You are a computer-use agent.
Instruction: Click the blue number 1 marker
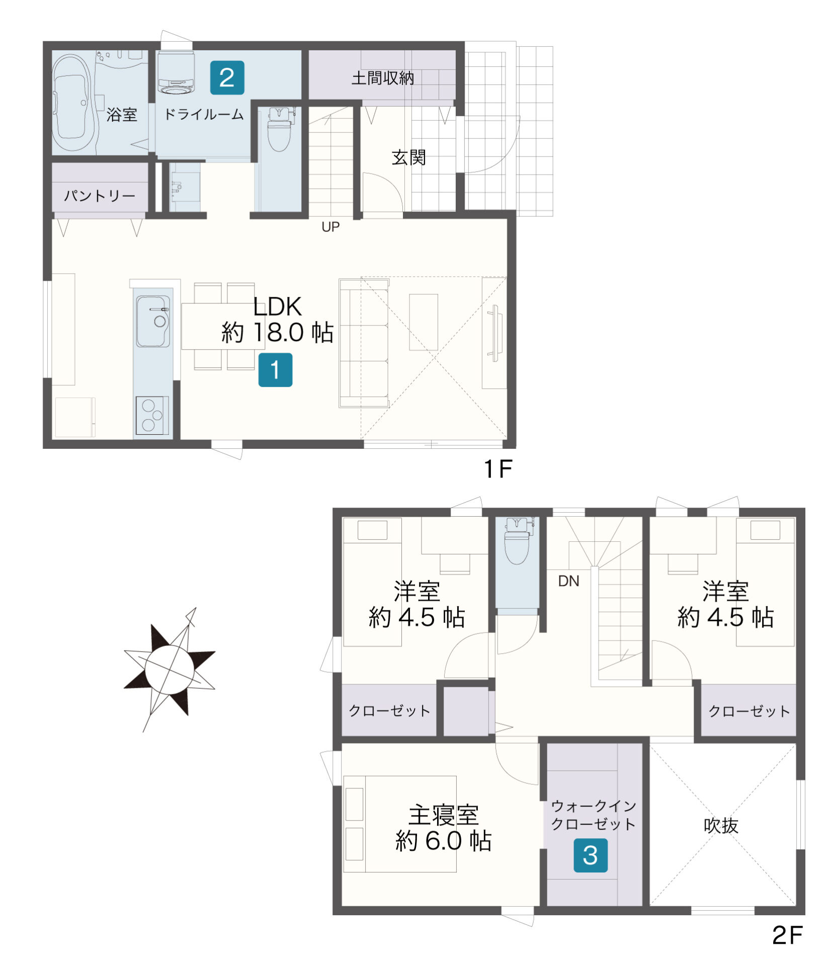(x=275, y=370)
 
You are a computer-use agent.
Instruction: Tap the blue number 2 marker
(x=227, y=77)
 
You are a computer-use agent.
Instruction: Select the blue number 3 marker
(x=591, y=855)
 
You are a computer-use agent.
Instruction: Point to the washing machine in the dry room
(x=176, y=72)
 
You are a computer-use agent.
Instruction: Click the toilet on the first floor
(x=279, y=129)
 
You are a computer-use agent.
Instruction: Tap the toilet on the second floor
(x=518, y=541)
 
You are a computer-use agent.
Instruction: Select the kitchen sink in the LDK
(x=153, y=321)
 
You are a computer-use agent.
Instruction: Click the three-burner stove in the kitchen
(x=151, y=415)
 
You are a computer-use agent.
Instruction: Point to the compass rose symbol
(x=170, y=669)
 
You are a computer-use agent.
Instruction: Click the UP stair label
(x=330, y=227)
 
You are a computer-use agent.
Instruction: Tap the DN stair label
(x=568, y=581)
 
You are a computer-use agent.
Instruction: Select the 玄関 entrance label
(x=408, y=157)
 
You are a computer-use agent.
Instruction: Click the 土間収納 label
(x=382, y=78)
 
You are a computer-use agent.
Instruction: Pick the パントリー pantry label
(x=100, y=195)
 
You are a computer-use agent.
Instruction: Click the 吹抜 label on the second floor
(x=721, y=826)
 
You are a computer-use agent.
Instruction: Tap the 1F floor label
(x=497, y=469)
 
